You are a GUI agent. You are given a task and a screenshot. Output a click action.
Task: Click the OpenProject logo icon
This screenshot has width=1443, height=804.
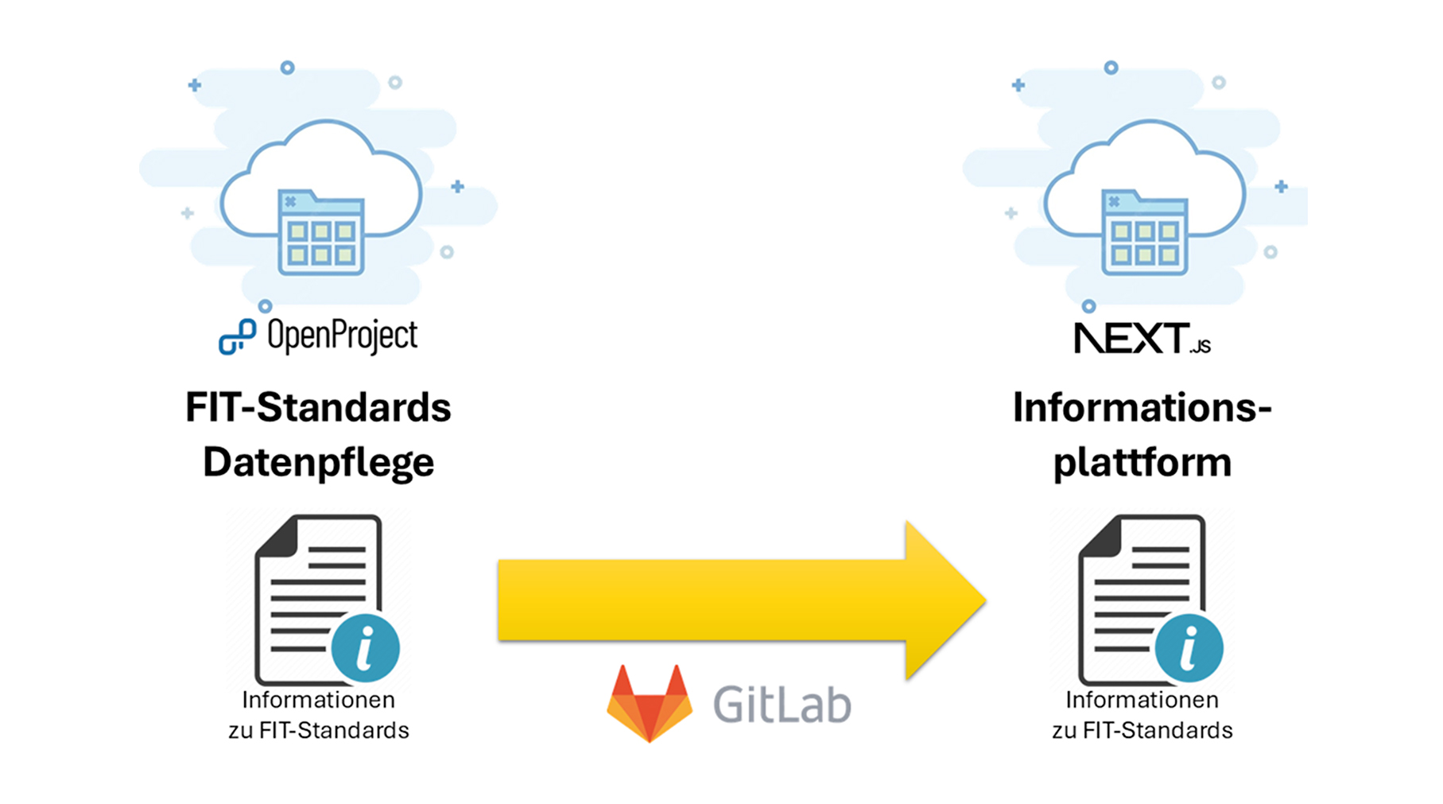click(237, 336)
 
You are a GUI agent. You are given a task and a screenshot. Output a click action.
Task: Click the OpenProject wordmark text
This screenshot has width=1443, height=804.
click(342, 336)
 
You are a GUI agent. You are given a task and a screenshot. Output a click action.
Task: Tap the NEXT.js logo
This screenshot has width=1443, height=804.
click(1142, 338)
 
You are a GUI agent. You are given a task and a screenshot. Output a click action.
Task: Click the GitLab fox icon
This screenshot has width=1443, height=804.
click(650, 703)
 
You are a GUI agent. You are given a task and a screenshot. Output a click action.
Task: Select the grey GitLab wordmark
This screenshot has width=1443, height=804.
click(782, 704)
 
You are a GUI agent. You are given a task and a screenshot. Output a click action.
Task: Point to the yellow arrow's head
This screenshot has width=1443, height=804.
click(945, 600)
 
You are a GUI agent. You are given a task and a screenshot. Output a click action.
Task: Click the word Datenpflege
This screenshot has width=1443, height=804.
click(318, 463)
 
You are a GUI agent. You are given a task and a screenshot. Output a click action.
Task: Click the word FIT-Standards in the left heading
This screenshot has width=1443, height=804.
click(318, 407)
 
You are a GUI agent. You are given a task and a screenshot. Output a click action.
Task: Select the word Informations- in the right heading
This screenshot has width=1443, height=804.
click(1142, 407)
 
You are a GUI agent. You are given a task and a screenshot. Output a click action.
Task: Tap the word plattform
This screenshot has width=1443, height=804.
click(1142, 463)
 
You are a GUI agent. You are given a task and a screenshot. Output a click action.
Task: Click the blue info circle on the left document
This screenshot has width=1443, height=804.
click(366, 648)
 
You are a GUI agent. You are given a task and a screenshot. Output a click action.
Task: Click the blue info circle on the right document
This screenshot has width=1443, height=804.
click(1189, 648)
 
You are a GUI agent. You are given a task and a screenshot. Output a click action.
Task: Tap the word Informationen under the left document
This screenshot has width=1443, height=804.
click(318, 700)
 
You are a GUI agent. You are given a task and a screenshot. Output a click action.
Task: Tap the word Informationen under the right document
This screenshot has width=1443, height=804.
click(1142, 700)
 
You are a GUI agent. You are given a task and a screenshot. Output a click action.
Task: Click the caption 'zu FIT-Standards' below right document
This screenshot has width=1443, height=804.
click(1142, 730)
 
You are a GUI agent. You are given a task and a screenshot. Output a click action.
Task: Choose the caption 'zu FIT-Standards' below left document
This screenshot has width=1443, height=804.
click(318, 730)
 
